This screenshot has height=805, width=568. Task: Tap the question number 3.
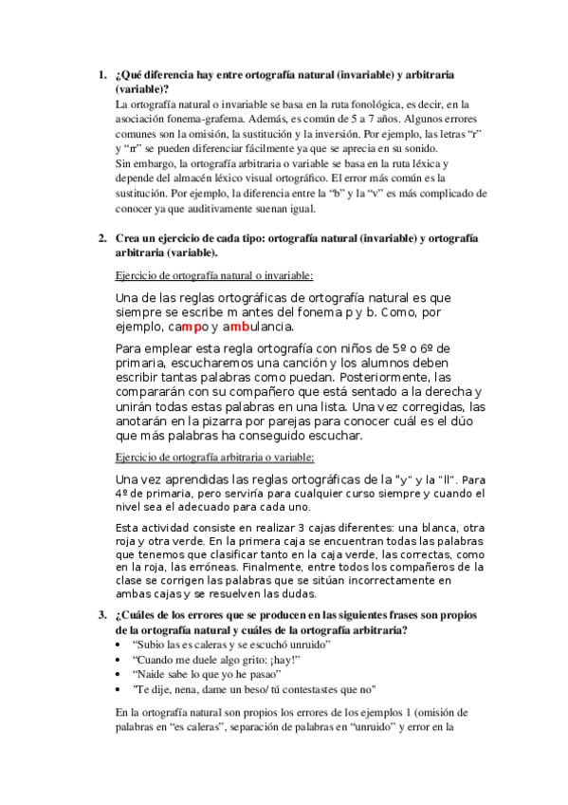(x=102, y=614)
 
